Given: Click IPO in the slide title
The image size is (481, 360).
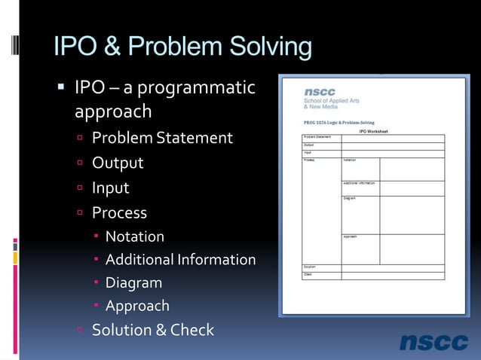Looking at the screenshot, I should click(76, 47).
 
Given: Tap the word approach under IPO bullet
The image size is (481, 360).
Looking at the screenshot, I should click(113, 112).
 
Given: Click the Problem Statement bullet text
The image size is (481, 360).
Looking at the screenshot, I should click(162, 138).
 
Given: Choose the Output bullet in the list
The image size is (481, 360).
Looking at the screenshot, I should click(118, 163).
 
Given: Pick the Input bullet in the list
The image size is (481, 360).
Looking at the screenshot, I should click(111, 188).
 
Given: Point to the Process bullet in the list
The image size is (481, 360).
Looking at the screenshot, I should click(119, 212).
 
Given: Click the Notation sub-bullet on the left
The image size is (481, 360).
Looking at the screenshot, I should click(134, 236).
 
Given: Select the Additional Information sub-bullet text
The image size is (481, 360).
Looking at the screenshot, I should click(180, 260).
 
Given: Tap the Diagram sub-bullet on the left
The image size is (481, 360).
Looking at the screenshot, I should click(133, 283).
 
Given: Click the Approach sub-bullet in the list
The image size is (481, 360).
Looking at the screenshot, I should click(137, 307).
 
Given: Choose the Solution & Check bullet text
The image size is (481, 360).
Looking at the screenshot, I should click(153, 330).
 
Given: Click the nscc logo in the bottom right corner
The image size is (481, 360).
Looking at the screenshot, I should click(434, 342).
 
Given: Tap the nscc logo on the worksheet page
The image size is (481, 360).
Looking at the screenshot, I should click(320, 92).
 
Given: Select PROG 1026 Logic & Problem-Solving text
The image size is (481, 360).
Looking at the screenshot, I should click(339, 122).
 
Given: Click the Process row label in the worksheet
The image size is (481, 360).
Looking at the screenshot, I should click(309, 160).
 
